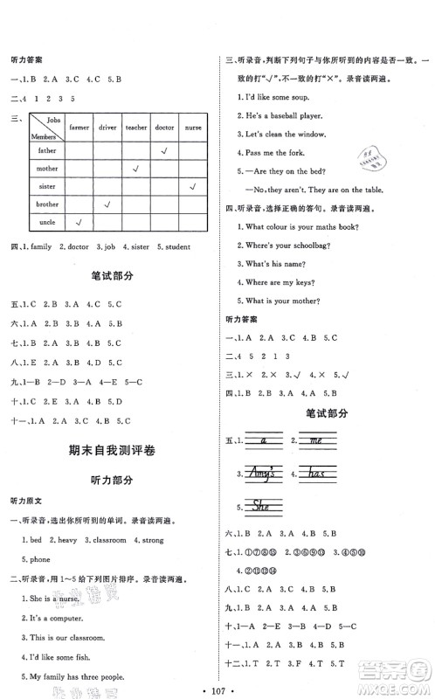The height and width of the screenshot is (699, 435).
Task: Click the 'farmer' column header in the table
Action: [79, 128]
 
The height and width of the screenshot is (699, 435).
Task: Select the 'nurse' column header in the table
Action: [192, 128]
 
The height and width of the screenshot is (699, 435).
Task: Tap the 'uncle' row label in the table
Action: [46, 223]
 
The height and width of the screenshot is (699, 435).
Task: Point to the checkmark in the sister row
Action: [192, 185]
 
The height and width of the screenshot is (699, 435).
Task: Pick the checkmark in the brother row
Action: [107, 204]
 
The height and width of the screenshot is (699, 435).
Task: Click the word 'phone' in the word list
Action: [38, 559]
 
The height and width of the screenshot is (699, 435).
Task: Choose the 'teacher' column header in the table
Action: [136, 128]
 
